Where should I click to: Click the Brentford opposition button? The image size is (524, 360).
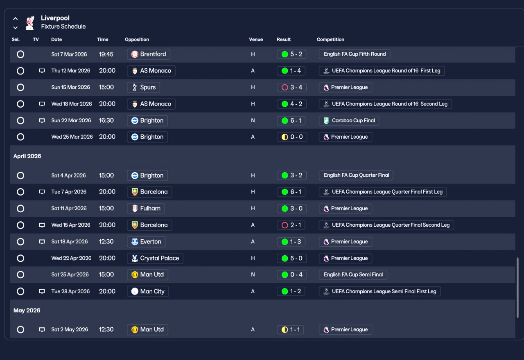[149, 54]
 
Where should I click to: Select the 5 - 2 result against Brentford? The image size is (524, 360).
[291, 54]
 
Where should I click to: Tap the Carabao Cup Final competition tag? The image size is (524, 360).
[349, 121]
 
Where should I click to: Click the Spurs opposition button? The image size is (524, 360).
[143, 87]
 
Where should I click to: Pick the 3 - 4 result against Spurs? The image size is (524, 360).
[291, 87]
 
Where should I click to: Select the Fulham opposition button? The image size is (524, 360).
[146, 208]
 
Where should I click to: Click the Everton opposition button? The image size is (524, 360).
[146, 242]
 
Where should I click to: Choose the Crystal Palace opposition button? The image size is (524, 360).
[155, 258]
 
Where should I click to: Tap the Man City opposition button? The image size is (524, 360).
[147, 291]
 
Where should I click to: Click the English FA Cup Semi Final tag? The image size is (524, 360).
[353, 274]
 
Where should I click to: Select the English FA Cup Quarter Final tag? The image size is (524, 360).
[356, 175]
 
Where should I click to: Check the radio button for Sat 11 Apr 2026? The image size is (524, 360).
[20, 209]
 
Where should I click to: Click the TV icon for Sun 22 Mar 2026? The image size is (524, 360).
[42, 121]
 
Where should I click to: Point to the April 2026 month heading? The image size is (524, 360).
[27, 156]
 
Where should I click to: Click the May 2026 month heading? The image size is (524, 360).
[27, 310]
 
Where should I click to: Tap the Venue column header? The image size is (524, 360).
[256, 40]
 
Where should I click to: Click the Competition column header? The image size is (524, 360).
[330, 40]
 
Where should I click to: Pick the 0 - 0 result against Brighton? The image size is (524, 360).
[291, 137]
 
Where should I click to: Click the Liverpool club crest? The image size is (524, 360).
[30, 23]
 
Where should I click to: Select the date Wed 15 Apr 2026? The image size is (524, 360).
[71, 225]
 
